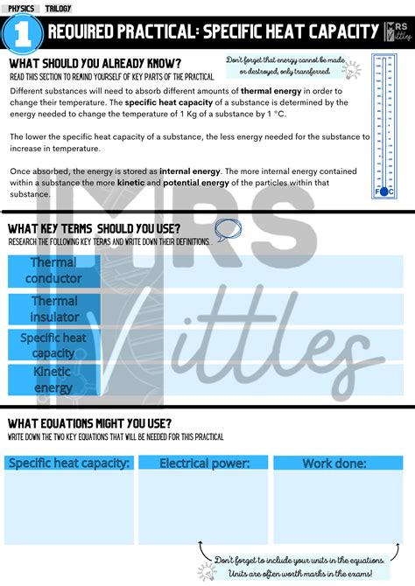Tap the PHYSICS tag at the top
pyautogui.click(x=21, y=8)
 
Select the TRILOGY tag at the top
pyautogui.click(x=59, y=8)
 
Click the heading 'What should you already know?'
pyautogui.click(x=95, y=64)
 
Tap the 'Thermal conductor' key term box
pyautogui.click(x=54, y=270)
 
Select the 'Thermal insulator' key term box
pyautogui.click(x=54, y=308)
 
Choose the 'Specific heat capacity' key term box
pyautogui.click(x=54, y=345)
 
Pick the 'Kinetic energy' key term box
pyautogui.click(x=53, y=380)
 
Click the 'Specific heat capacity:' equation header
pyautogui.click(x=69, y=464)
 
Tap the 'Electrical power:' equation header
pyautogui.click(x=204, y=464)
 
